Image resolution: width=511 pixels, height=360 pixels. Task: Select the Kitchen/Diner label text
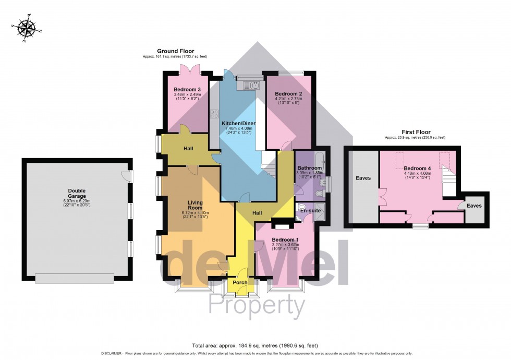tap(240, 123)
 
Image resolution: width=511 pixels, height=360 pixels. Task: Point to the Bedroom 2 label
tap(288, 94)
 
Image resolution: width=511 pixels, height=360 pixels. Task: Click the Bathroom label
tap(310, 168)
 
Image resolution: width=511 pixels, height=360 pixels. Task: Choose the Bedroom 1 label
tap(284, 240)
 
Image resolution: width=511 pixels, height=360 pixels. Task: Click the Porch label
tap(240, 282)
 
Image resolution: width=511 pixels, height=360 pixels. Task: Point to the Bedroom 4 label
tap(417, 169)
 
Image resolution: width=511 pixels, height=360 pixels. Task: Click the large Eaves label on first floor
tap(363, 178)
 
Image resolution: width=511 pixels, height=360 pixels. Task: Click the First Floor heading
tap(415, 133)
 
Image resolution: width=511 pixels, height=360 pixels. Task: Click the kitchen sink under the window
tap(249, 84)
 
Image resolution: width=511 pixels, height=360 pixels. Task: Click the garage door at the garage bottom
tap(74, 279)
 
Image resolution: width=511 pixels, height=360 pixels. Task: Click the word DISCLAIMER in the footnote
tap(110, 353)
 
